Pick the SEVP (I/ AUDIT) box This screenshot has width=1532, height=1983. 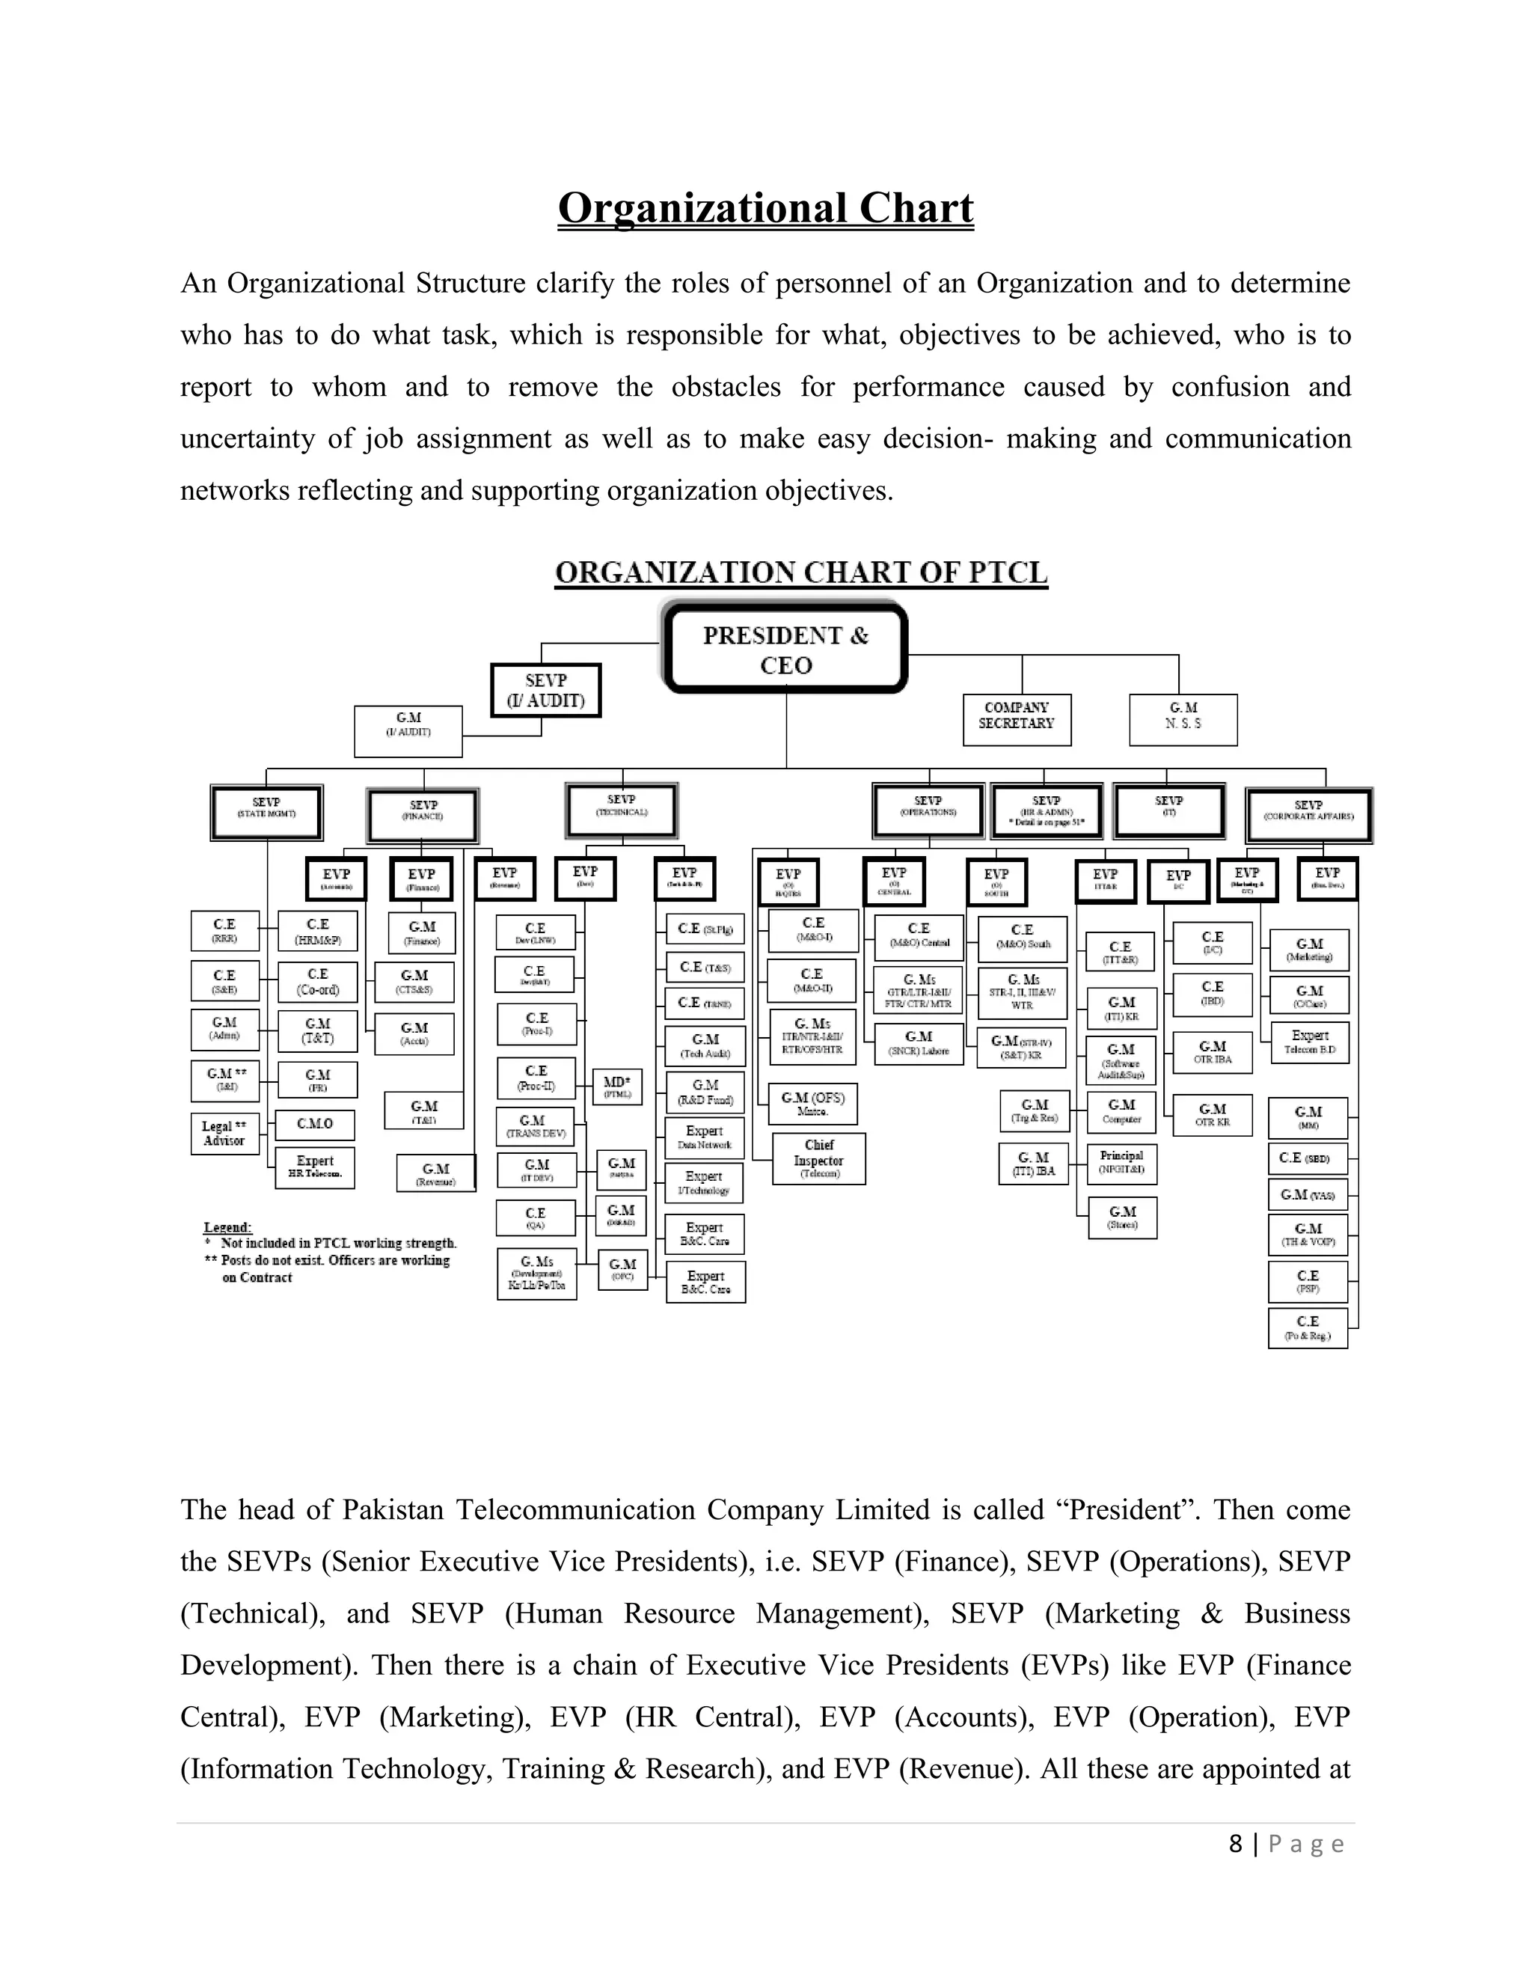tap(545, 690)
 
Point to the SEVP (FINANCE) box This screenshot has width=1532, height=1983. tap(423, 813)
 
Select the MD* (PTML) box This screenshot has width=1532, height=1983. tap(617, 1087)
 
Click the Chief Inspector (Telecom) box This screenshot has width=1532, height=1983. tap(818, 1158)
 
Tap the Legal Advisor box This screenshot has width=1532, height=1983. tap(224, 1133)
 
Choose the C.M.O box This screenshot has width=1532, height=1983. tap(315, 1124)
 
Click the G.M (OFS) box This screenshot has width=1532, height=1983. tap(812, 1103)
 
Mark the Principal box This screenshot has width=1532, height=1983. tap(1122, 1162)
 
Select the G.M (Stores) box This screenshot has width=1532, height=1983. tap(1122, 1217)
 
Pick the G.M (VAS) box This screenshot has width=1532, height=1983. tap(1307, 1195)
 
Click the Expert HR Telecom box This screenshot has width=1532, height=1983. tap(315, 1167)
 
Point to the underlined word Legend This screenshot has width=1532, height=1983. tap(227, 1227)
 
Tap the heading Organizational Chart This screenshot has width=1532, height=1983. tap(765, 208)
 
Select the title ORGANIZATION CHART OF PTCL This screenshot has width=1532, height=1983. tap(800, 573)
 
